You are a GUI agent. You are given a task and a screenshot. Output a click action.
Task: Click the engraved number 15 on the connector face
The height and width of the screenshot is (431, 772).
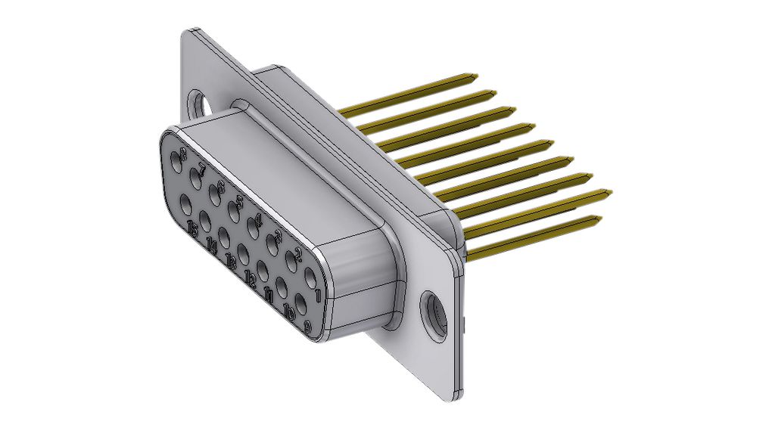point(193,229)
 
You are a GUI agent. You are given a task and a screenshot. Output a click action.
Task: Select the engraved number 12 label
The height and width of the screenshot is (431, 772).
point(251,280)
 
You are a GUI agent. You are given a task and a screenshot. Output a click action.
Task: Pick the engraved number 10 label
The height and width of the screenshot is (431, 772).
point(288,312)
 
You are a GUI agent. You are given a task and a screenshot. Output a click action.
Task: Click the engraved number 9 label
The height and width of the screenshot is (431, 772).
point(307,327)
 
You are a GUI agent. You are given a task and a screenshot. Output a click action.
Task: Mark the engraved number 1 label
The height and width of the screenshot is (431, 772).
point(319,293)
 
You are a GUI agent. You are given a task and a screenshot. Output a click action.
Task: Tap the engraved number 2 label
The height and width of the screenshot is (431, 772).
point(299,254)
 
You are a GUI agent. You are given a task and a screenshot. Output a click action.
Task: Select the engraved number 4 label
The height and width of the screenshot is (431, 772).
point(258,219)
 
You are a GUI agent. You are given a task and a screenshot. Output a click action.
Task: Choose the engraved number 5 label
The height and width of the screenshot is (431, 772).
point(239,202)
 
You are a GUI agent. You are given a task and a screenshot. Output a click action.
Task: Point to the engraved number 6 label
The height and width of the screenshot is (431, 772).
point(220,185)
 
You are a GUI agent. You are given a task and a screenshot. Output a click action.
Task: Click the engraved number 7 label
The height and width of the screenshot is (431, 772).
point(201,168)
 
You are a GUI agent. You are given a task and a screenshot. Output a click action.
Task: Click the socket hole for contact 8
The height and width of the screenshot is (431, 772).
point(178,161)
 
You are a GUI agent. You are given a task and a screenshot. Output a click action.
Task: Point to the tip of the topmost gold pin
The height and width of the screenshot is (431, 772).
point(475,76)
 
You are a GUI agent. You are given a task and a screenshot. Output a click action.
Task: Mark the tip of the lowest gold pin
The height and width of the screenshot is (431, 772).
point(599,220)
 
